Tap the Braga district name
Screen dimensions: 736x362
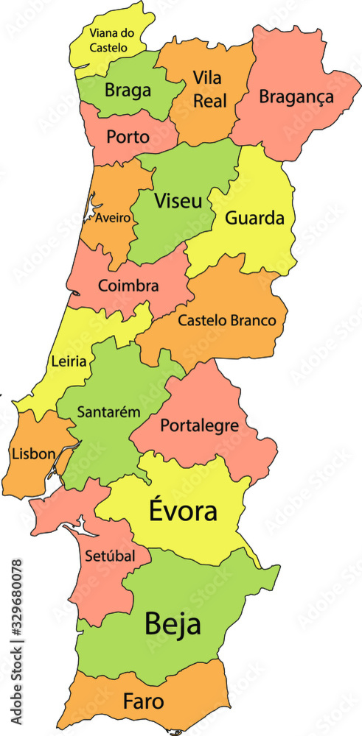(x=128, y=91)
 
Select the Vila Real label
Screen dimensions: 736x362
(x=209, y=89)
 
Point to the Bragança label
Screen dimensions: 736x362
(x=296, y=96)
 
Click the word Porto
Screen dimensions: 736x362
(x=128, y=136)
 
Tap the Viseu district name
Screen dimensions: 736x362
(x=178, y=200)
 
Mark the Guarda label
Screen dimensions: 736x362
(x=254, y=219)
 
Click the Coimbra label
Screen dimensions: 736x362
(x=128, y=286)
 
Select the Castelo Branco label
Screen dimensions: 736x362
(x=227, y=320)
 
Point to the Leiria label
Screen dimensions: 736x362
(x=69, y=361)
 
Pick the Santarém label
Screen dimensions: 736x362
(x=108, y=412)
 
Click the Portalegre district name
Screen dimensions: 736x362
(x=199, y=425)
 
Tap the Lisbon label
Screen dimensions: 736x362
(x=33, y=453)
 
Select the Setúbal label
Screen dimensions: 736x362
(x=110, y=556)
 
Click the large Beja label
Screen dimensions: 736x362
(x=173, y=624)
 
